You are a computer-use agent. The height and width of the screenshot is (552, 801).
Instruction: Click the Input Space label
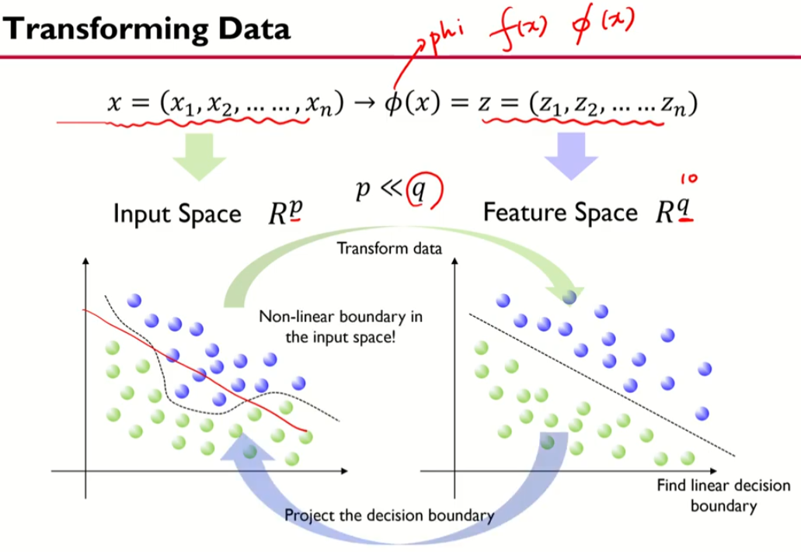[x=178, y=214]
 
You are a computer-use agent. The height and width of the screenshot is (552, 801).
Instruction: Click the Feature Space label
[x=560, y=213]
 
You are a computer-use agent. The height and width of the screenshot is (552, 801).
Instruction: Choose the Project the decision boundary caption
[x=389, y=515]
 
